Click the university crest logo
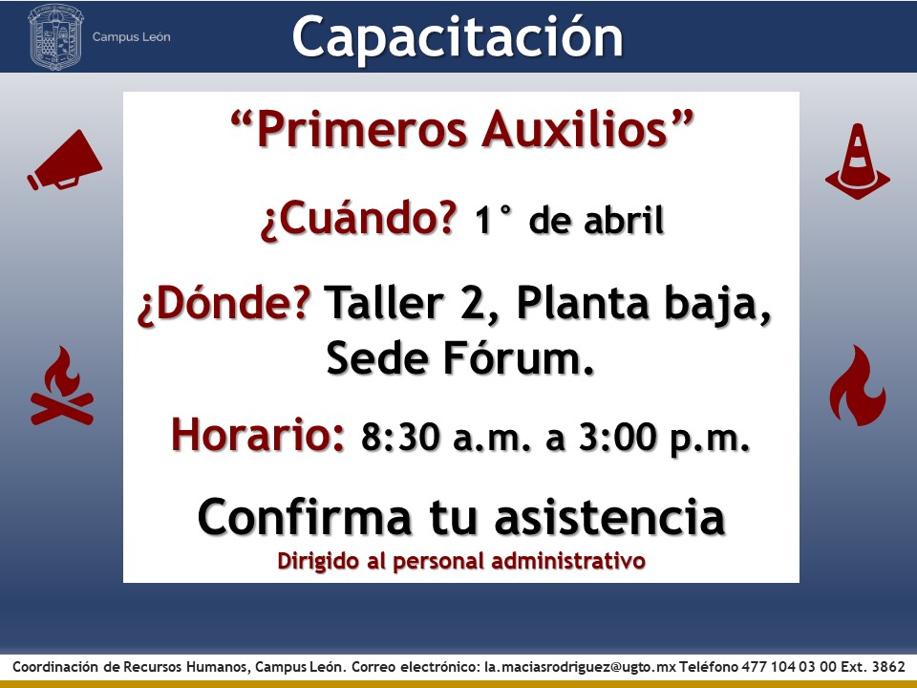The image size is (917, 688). (56, 36)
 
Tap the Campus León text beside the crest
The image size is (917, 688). (132, 37)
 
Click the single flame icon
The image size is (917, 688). (857, 386)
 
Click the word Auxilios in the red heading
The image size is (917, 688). (585, 131)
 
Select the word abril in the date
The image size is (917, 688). (622, 222)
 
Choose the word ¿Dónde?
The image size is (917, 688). (225, 305)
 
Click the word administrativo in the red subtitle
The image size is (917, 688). (580, 561)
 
